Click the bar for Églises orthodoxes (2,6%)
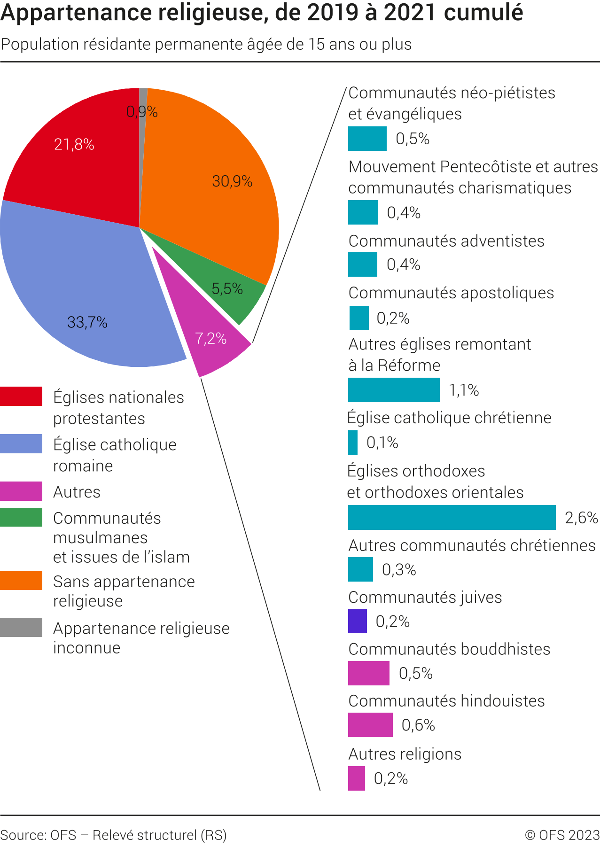pyautogui.click(x=452, y=517)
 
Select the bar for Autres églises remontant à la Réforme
pyautogui.click(x=394, y=390)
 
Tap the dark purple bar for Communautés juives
pyautogui.click(x=357, y=621)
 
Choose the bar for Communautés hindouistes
pyautogui.click(x=370, y=725)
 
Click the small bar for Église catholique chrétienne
pyautogui.click(x=353, y=443)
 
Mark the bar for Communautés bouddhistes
pyautogui.click(x=368, y=673)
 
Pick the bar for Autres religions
pyautogui.click(x=356, y=778)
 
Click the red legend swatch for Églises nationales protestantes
pyautogui.click(x=21, y=396)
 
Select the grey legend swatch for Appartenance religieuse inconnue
pyautogui.click(x=21, y=627)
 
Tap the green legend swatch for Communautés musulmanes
pyautogui.click(x=21, y=517)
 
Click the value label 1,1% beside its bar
pyautogui.click(x=464, y=390)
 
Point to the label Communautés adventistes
pyautogui.click(x=446, y=241)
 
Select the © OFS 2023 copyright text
pyautogui.click(x=562, y=835)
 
